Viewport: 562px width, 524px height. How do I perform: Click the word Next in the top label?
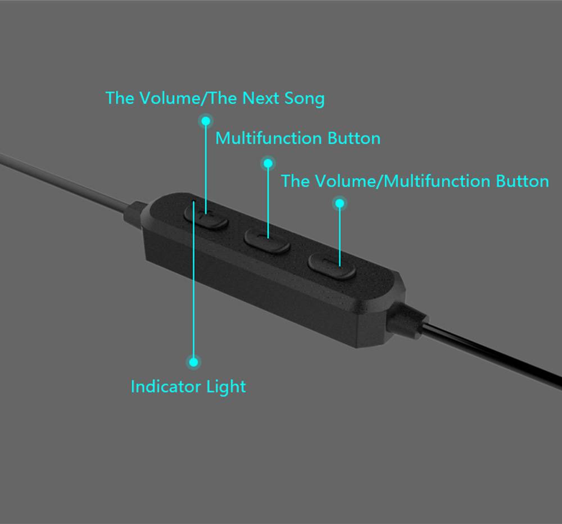click(x=260, y=98)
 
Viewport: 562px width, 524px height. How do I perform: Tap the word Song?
click(x=304, y=99)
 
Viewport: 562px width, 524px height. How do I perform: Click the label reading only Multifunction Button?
click(x=298, y=138)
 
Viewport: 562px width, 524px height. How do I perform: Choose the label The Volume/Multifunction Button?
click(x=415, y=181)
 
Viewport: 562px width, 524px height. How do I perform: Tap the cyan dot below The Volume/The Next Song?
click(x=206, y=121)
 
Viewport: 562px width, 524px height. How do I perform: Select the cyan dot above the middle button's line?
click(x=268, y=163)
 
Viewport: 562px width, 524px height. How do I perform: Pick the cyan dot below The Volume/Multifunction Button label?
click(x=340, y=204)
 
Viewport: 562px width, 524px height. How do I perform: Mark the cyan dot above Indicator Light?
click(x=193, y=362)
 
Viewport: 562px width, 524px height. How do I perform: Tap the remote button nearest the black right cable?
click(x=332, y=266)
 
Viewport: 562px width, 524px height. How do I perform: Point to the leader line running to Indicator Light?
click(x=193, y=279)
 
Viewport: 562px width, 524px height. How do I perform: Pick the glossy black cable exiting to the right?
click(x=492, y=354)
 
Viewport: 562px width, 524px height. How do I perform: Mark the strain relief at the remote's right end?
click(x=407, y=320)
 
